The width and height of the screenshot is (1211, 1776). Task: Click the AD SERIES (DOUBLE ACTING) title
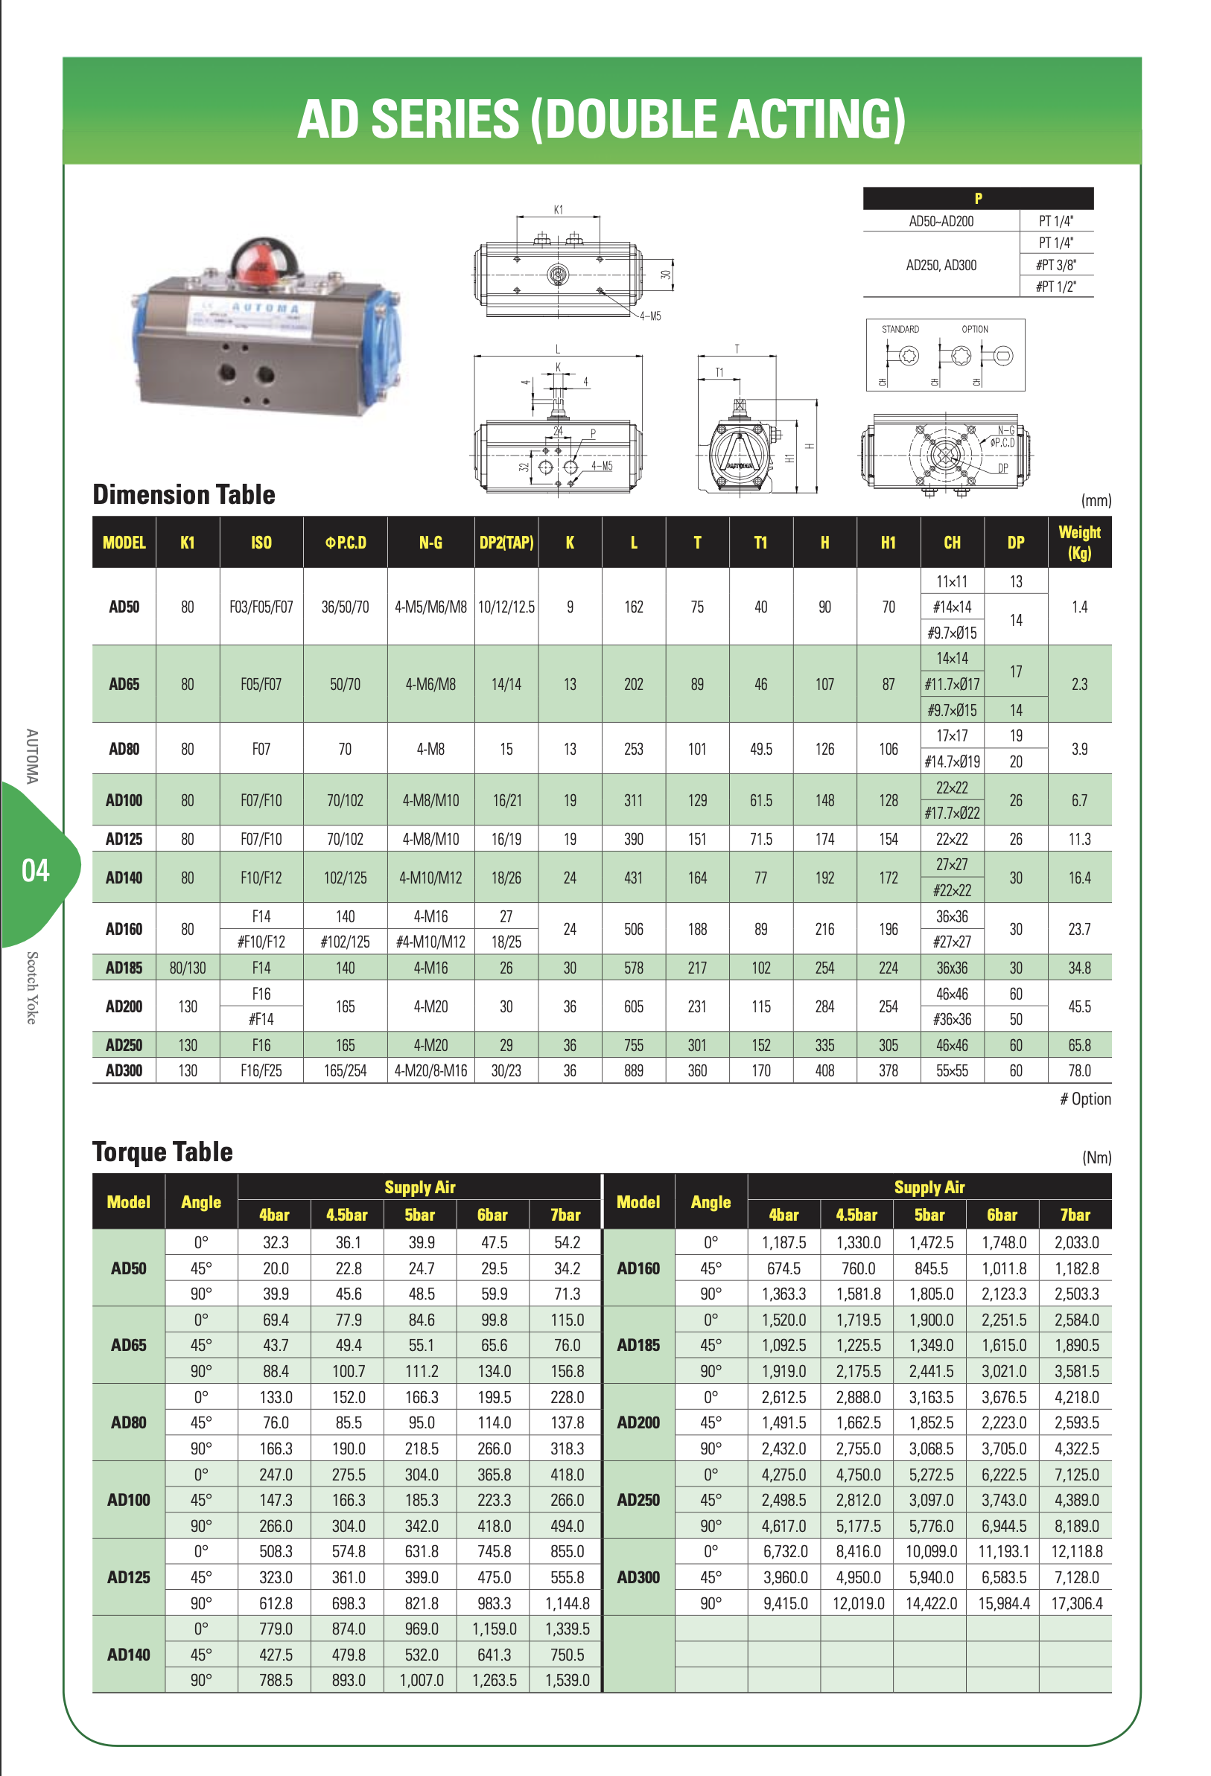pyautogui.click(x=601, y=119)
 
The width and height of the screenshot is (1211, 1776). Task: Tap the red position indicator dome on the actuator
pyautogui.click(x=260, y=266)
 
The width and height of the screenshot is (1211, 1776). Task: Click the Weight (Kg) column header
pyautogui.click(x=1078, y=542)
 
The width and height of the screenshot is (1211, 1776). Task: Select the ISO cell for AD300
pyautogui.click(x=261, y=1070)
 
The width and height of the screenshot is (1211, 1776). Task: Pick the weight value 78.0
pyautogui.click(x=1078, y=1070)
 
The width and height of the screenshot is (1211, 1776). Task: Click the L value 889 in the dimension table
pyautogui.click(x=633, y=1070)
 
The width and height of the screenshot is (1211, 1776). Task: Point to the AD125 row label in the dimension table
pyautogui.click(x=124, y=839)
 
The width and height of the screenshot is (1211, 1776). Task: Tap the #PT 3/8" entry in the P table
pyautogui.click(x=1056, y=265)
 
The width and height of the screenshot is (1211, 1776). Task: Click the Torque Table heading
pyautogui.click(x=162, y=1151)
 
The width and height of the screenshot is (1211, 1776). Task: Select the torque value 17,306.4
pyautogui.click(x=1076, y=1603)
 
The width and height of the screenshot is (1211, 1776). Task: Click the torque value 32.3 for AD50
pyautogui.click(x=276, y=1242)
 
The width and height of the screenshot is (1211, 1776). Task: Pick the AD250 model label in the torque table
pyautogui.click(x=638, y=1500)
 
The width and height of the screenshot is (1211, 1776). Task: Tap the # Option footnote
pyautogui.click(x=1085, y=1099)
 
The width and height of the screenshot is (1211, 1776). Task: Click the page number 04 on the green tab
pyautogui.click(x=35, y=870)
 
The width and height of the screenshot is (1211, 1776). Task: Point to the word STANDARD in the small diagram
pyautogui.click(x=900, y=329)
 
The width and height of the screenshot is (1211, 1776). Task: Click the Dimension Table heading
pyautogui.click(x=183, y=494)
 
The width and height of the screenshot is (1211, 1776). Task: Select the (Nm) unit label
pyautogui.click(x=1096, y=1157)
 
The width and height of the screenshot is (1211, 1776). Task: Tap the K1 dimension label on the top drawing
pyautogui.click(x=558, y=209)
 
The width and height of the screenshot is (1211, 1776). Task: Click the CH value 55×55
pyautogui.click(x=952, y=1070)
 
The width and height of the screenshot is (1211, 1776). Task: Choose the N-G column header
pyautogui.click(x=430, y=543)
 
